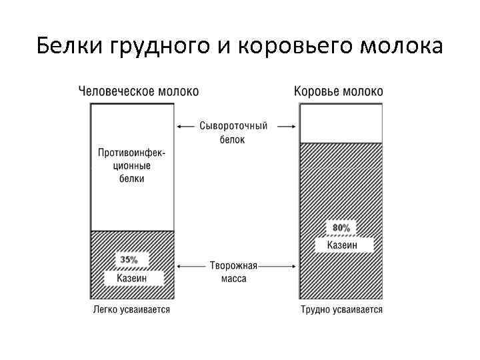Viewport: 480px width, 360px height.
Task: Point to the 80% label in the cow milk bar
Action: [341, 228]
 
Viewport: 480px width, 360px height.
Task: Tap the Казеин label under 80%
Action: [341, 245]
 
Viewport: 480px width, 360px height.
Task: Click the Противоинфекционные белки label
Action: [132, 165]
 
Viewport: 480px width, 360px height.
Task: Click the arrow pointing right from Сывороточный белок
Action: [286, 125]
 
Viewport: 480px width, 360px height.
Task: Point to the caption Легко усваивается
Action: [131, 309]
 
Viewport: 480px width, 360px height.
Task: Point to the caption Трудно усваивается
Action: [341, 309]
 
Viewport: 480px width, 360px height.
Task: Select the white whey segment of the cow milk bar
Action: [341, 123]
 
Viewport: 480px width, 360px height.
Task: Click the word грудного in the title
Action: [152, 47]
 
